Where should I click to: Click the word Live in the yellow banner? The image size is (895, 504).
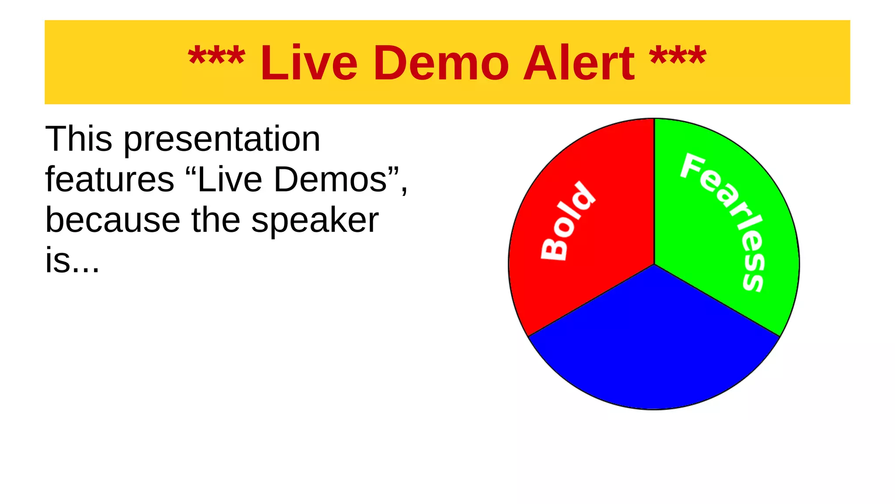click(x=309, y=63)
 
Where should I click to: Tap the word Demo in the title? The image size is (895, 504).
click(x=441, y=63)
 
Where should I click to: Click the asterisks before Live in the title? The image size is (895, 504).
click(x=216, y=57)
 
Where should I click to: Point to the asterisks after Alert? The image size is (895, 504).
click(x=677, y=57)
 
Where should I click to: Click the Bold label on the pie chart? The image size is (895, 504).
click(x=568, y=221)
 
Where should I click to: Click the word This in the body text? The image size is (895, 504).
click(x=79, y=139)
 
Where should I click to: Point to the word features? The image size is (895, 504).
click(x=110, y=179)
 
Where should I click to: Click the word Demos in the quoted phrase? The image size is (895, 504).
click(x=330, y=179)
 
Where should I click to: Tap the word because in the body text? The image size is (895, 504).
click(x=113, y=220)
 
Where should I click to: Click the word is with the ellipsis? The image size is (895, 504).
click(x=72, y=260)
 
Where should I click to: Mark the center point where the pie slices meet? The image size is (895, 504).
click(x=654, y=264)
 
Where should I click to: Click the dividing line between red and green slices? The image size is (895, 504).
click(x=654, y=192)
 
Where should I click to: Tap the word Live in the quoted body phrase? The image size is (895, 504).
click(x=230, y=179)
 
